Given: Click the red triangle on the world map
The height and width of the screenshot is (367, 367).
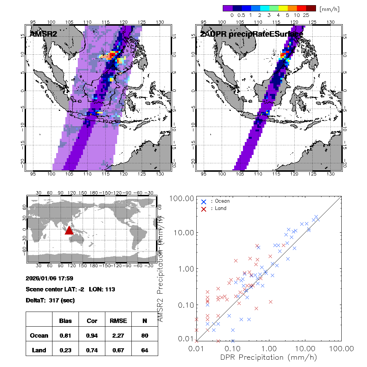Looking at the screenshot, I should click(x=69, y=230).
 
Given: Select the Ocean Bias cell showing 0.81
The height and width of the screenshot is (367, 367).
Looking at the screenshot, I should click(x=65, y=335).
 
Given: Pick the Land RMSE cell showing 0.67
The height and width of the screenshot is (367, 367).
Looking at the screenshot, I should click(x=118, y=350).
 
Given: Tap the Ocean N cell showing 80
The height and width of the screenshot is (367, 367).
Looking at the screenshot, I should click(x=145, y=335).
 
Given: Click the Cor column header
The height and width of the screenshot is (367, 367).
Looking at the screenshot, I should click(x=92, y=321).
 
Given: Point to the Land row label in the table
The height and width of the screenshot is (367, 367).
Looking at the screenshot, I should click(x=39, y=350).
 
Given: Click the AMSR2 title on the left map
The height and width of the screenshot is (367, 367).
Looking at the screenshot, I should click(x=43, y=34).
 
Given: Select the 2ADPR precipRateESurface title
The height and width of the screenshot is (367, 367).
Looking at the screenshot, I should click(x=251, y=34).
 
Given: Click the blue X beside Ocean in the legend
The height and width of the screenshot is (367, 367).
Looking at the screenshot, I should click(x=204, y=201).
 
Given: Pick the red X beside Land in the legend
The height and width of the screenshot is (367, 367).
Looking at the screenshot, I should click(x=204, y=208).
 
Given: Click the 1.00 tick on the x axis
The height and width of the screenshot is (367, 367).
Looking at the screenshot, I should click(x=269, y=348).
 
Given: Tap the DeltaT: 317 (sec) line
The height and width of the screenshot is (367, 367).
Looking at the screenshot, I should click(x=50, y=300).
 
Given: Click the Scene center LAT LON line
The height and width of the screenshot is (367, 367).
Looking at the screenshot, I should click(x=70, y=289).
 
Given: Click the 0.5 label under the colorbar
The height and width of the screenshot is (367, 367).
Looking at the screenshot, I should click(x=241, y=15).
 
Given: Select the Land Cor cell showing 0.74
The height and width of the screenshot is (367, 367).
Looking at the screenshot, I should click(x=92, y=350).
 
